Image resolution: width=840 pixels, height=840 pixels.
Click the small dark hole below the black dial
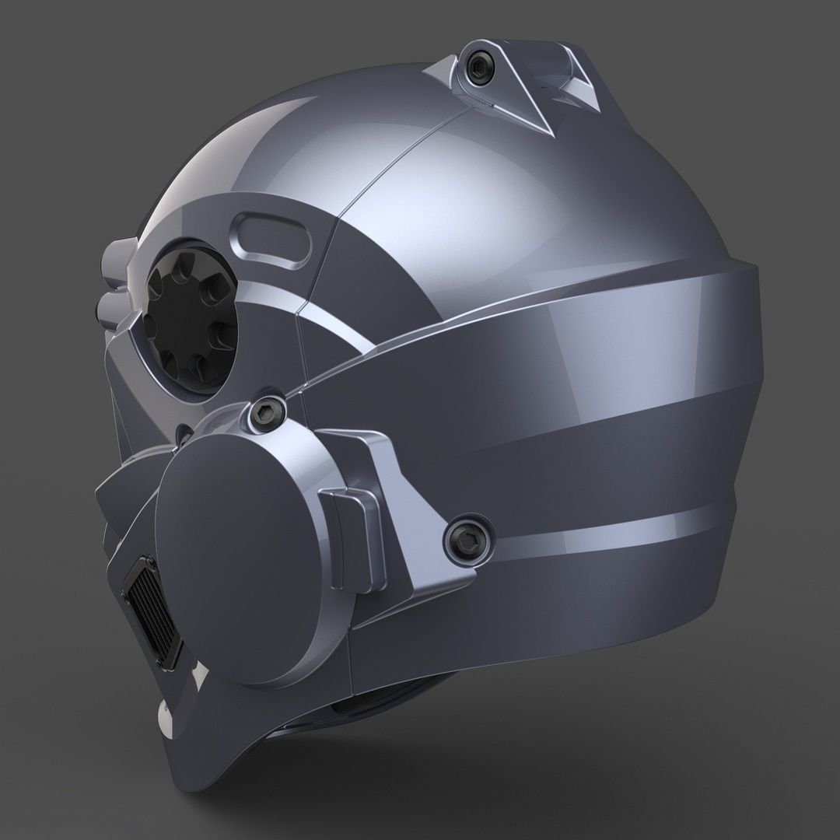point(181,432)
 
